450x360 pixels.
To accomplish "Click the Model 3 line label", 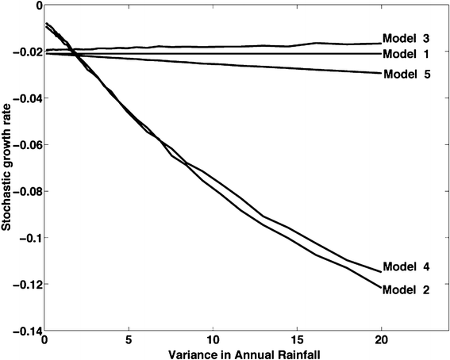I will tap(406, 38).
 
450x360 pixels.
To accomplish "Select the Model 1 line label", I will tap(406, 54).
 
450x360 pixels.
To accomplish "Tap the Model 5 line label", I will tap(406, 75).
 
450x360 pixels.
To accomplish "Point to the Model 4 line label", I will tap(406, 266).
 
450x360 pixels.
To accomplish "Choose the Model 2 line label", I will tap(406, 290).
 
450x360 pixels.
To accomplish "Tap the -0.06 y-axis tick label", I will tap(24, 145).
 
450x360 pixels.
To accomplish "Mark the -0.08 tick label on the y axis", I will tap(24, 192).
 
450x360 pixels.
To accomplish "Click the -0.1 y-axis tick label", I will tap(27, 238).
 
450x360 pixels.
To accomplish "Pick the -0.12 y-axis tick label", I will tap(24, 285).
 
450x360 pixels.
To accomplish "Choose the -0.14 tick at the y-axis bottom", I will tap(24, 331).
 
